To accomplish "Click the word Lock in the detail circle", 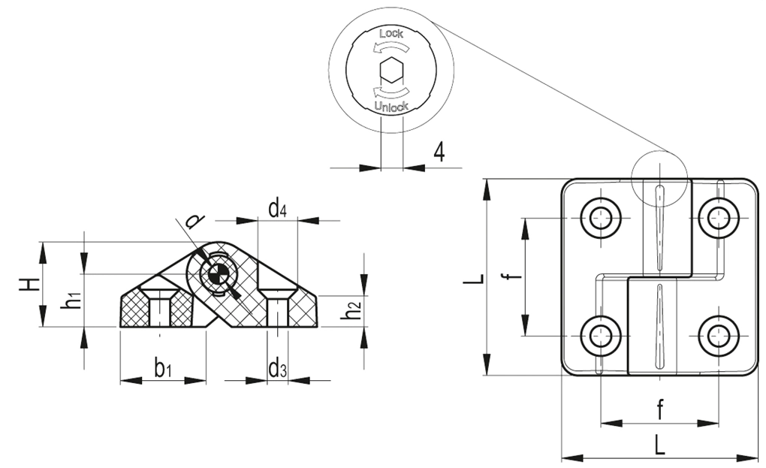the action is [x=391, y=34].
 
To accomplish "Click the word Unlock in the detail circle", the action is [x=391, y=106].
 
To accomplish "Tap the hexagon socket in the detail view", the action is [x=391, y=70].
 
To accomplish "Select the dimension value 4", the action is [x=439, y=152].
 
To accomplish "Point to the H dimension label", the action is [x=29, y=284].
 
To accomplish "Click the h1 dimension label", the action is [x=71, y=299].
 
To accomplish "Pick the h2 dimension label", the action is [x=351, y=310].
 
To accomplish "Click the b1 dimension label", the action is [x=162, y=368].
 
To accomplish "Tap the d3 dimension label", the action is [x=277, y=368].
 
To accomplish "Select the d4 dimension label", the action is [x=277, y=209].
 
